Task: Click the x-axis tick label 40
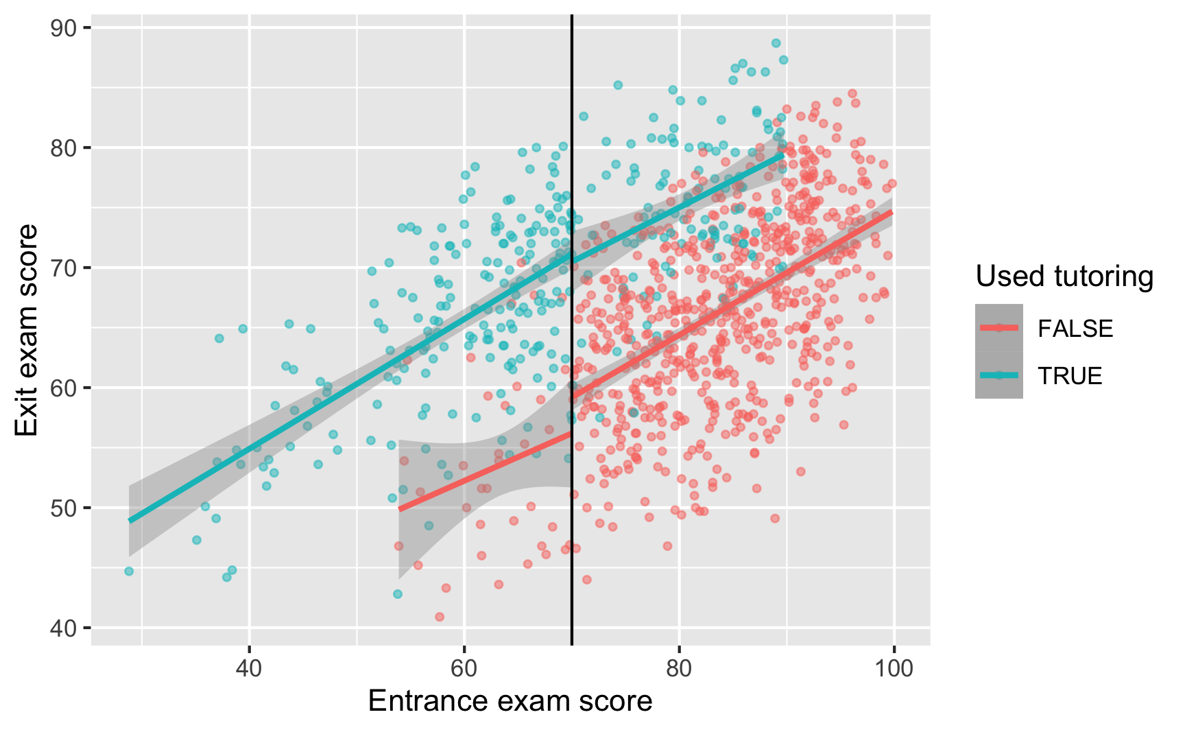pos(249,669)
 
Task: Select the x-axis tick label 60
pos(464,669)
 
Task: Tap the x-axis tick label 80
pos(679,669)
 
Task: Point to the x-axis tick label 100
pos(894,669)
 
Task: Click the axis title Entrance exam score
pos(510,701)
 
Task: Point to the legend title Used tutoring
pos(1064,276)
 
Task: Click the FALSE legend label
pos(1075,329)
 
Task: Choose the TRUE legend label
pos(1070,376)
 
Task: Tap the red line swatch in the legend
pos(998,328)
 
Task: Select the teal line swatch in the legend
pos(998,375)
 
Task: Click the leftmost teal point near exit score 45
pos(129,571)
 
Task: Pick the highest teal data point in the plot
pos(776,43)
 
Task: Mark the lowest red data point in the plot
pos(440,617)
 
